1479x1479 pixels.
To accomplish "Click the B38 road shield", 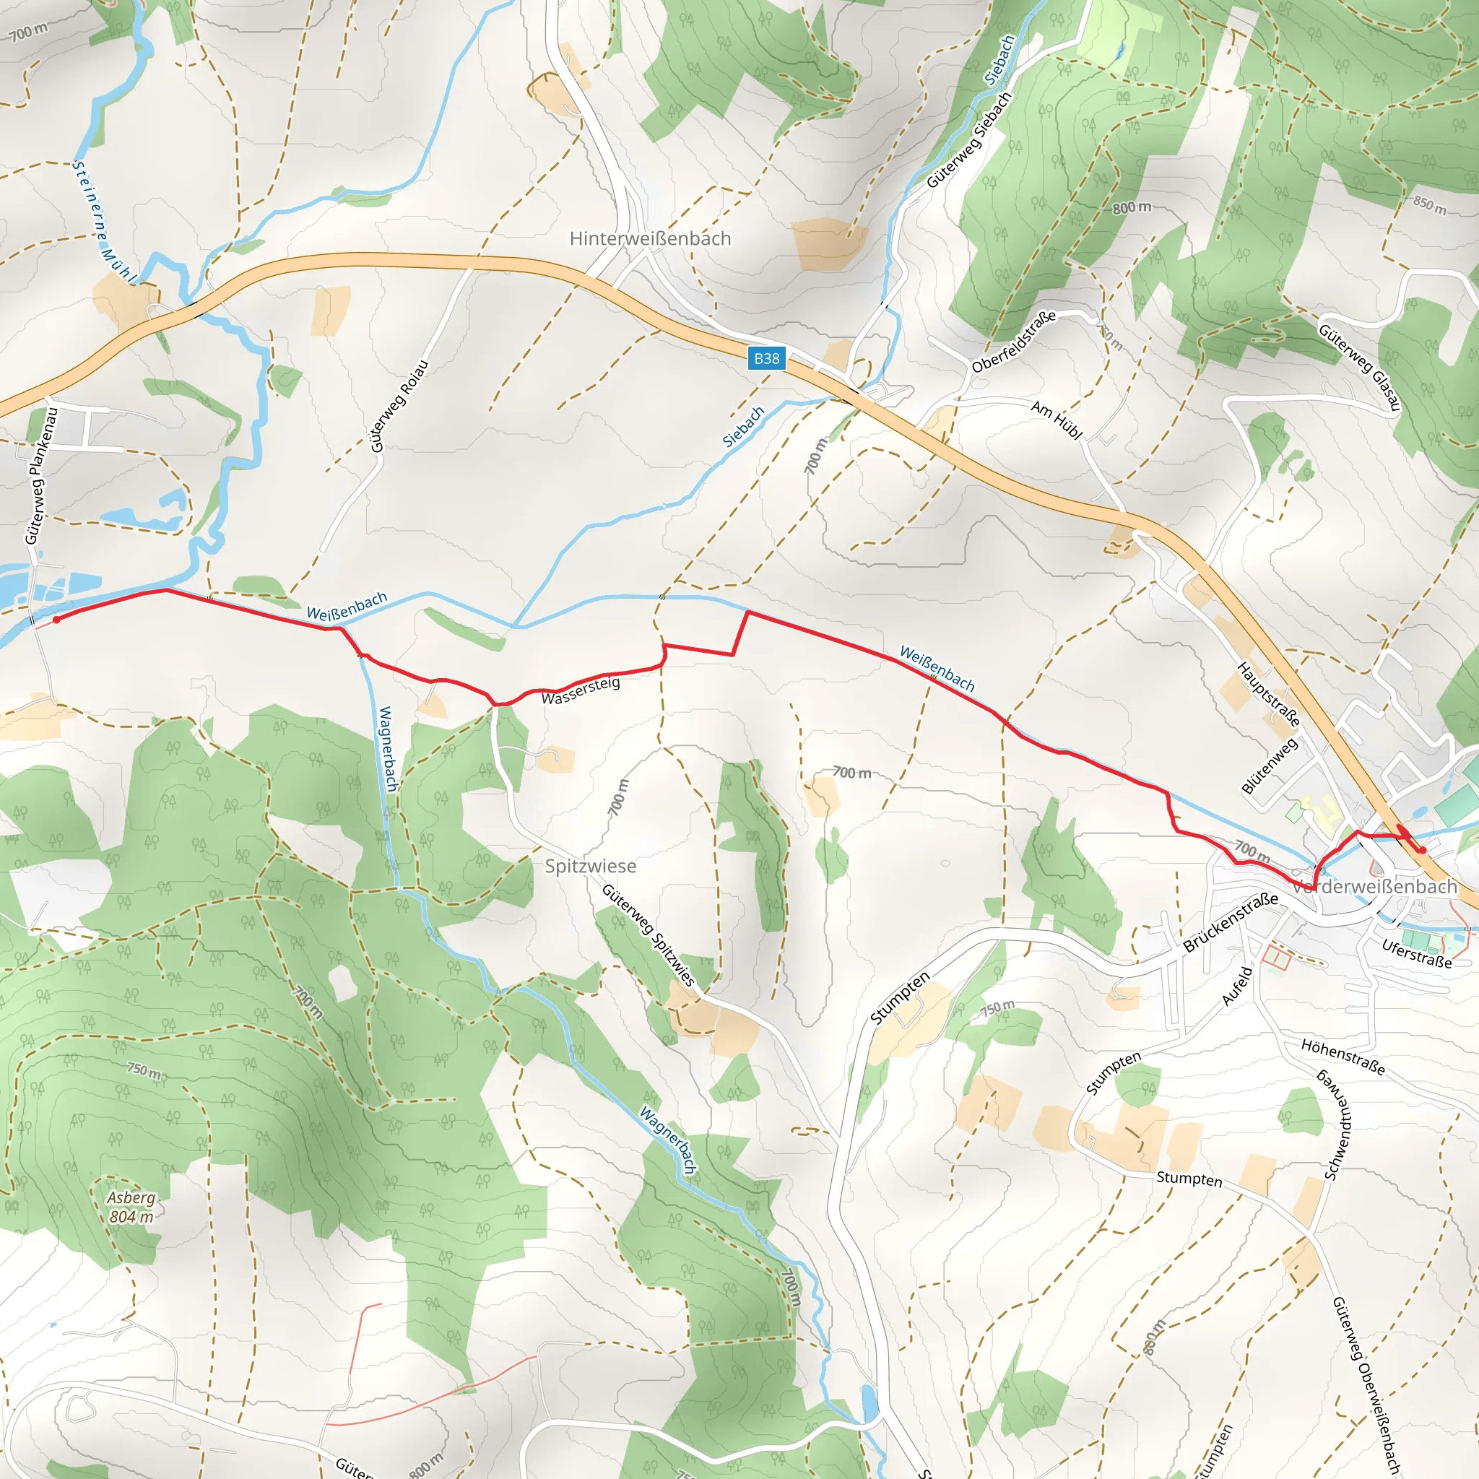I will (766, 358).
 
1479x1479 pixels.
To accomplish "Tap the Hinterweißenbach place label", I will (650, 239).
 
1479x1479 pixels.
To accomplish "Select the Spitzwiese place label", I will (590, 866).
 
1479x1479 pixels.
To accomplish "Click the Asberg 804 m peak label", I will (131, 1207).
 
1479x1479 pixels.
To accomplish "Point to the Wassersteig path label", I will (581, 690).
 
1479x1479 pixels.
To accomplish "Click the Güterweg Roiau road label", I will (398, 406).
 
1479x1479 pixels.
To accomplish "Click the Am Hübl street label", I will (1057, 420).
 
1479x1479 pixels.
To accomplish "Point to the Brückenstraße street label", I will (1229, 921).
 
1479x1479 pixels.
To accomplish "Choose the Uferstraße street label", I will (1416, 954).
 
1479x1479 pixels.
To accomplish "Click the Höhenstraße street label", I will (1343, 1057).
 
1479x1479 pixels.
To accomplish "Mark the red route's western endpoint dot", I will (56, 620).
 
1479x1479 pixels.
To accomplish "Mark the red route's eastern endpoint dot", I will (1421, 850).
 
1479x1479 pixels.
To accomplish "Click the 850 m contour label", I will (1429, 205).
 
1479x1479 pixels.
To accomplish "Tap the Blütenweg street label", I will (1270, 765).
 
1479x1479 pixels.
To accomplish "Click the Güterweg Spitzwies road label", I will (648, 935).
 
